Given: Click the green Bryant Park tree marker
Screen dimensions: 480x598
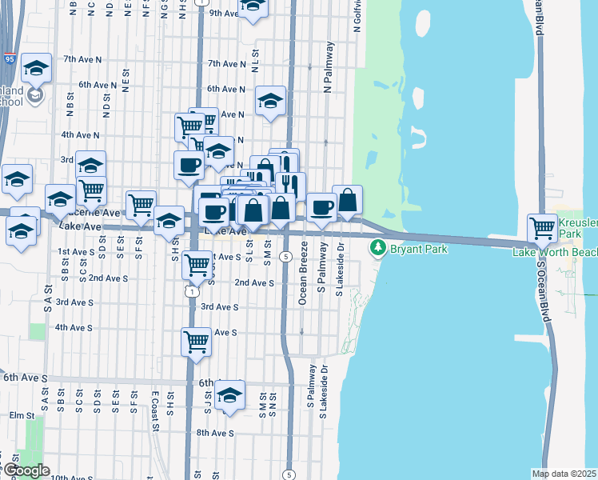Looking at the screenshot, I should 378,249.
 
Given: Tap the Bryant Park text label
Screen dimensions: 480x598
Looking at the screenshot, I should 418,249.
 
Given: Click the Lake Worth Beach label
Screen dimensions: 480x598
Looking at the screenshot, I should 555,252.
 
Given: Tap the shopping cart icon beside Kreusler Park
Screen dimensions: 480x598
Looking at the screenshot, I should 542,228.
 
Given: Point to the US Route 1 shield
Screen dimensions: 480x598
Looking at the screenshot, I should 193,292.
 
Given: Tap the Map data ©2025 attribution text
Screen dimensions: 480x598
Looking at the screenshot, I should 564,474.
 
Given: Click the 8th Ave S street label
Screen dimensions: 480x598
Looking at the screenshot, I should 215,433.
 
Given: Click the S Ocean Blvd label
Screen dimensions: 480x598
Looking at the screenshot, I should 544,291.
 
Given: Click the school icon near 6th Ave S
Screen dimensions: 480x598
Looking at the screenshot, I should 229,395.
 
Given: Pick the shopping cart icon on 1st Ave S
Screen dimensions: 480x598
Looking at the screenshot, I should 196,265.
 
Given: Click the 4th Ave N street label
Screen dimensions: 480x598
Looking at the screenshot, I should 79,135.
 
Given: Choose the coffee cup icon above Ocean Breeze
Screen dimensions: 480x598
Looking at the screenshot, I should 321,207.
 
